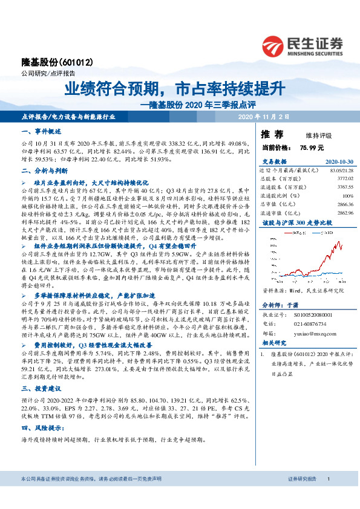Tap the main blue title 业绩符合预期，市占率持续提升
click(x=174, y=89)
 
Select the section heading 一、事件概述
click(x=41, y=131)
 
